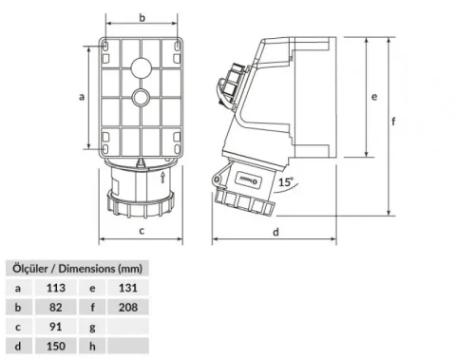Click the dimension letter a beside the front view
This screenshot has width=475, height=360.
[x=82, y=96]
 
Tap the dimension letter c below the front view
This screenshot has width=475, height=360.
[x=142, y=230]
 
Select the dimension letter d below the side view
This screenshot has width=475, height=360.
[x=275, y=232]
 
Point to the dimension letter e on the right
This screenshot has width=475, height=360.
[x=376, y=96]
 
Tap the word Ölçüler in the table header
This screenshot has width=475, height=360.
[x=28, y=267]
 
